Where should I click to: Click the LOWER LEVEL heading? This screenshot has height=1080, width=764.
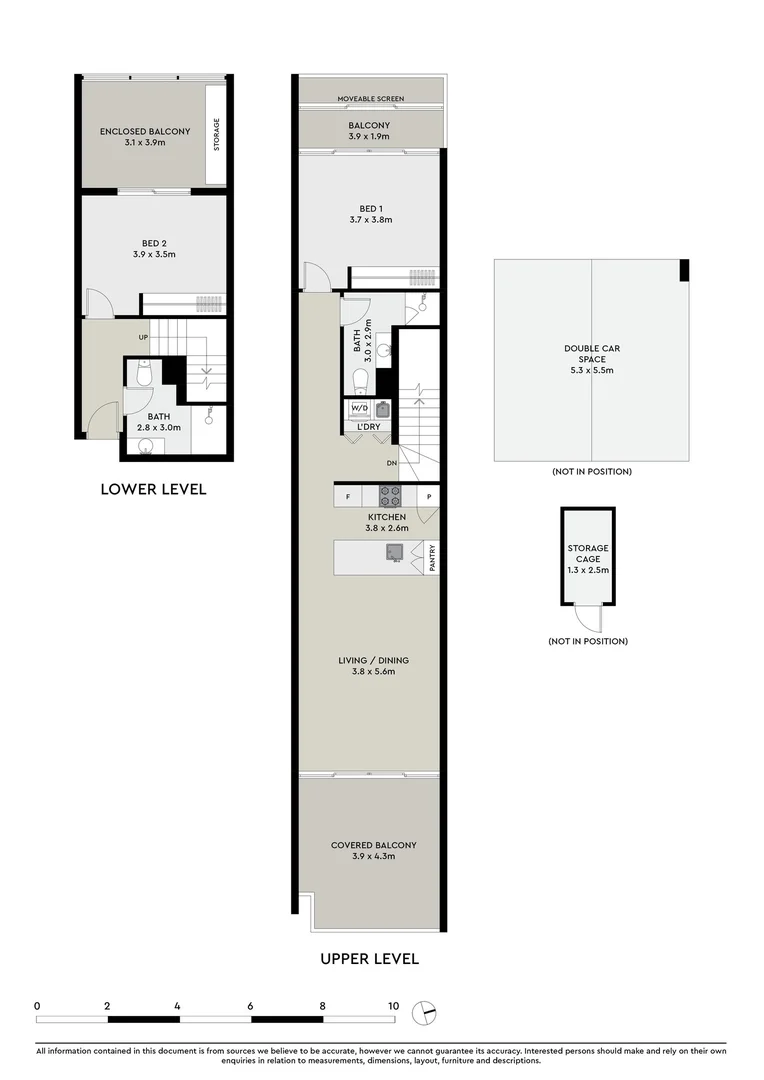click(x=153, y=489)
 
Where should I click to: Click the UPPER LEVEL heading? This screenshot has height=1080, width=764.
click(x=369, y=958)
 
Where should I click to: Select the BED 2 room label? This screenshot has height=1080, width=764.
click(x=154, y=248)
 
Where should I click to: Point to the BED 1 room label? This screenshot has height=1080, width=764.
click(x=370, y=214)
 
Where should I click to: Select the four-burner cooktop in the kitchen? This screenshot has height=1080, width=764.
click(x=390, y=495)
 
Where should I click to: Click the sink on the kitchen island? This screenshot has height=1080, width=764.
click(x=395, y=553)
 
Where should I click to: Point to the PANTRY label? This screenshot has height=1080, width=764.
click(x=432, y=558)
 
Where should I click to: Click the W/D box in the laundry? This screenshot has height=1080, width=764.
click(x=358, y=408)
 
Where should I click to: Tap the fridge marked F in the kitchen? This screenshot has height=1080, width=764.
click(x=348, y=496)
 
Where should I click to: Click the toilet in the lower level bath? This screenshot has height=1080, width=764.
click(x=142, y=374)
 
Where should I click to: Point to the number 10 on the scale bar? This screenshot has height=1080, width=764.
click(x=393, y=1006)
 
